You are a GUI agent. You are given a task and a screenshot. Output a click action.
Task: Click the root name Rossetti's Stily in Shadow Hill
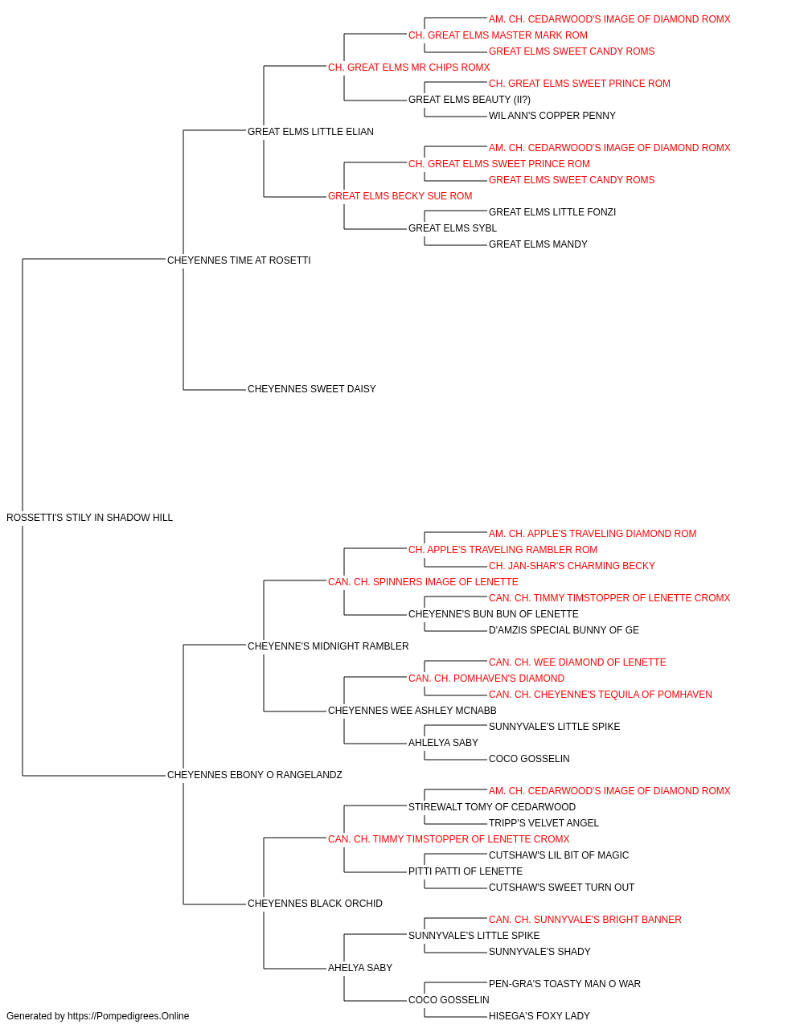[x=89, y=518]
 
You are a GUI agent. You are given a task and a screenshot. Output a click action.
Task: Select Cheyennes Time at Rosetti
[x=239, y=260]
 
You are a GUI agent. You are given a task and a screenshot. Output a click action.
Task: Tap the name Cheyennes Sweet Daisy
[x=312, y=389]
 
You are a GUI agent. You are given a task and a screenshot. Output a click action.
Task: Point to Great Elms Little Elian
[x=310, y=132]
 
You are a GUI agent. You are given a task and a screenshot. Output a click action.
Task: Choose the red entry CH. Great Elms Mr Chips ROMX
[x=408, y=68]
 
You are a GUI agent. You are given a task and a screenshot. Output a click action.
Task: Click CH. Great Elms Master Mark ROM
[x=498, y=35]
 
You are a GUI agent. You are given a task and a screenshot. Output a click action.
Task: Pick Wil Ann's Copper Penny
[x=552, y=116]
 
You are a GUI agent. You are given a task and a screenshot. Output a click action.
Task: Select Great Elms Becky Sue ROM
[x=400, y=196]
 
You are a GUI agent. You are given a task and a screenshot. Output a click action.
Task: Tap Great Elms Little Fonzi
[x=552, y=212]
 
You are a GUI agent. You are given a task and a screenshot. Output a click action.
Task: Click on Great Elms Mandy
[x=538, y=244]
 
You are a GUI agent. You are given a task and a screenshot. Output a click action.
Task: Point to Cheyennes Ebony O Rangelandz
[x=255, y=775]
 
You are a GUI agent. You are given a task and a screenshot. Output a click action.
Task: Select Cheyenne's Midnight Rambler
[x=328, y=646]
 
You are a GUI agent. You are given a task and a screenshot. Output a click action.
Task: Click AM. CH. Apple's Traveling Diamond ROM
[x=593, y=534]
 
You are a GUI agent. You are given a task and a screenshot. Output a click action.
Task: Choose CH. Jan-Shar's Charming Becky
[x=572, y=566]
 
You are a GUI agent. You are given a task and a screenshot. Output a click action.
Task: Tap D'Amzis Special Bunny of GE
[x=564, y=630]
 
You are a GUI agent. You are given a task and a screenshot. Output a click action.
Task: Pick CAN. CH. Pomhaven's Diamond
[x=486, y=678]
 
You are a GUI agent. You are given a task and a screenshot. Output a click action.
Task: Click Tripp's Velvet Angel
[x=544, y=823]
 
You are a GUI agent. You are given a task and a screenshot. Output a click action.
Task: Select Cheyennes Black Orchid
[x=315, y=904]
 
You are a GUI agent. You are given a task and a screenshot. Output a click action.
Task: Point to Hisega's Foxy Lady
[x=539, y=1016]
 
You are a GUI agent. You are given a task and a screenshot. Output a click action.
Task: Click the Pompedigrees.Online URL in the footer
[x=129, y=1016]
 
